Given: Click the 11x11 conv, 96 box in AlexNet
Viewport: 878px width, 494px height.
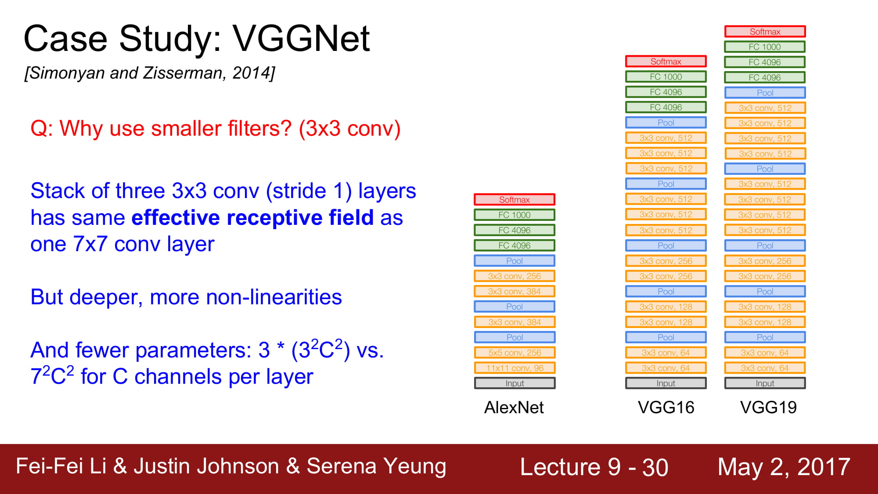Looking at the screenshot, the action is point(515,368).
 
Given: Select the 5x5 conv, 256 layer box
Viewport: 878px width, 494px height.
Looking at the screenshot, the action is point(515,353).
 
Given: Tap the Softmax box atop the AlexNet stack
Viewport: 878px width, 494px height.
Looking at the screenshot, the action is point(515,199).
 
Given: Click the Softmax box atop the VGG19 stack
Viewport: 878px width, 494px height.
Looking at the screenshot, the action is point(765,32).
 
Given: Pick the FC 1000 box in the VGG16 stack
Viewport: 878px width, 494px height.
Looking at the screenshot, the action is point(666,77).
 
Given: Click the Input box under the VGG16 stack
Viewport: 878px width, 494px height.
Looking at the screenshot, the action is point(666,383).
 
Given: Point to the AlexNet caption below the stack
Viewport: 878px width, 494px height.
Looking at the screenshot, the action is point(514,407).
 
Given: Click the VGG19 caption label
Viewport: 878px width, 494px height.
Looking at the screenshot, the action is point(768,407).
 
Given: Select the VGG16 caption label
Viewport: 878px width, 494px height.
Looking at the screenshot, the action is point(666,407).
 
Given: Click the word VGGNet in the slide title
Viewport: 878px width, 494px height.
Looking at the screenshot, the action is point(301,39).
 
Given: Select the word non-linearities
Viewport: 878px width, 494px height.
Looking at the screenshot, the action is point(274,297).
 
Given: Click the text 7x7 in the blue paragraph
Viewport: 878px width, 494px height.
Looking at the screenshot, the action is point(91,244).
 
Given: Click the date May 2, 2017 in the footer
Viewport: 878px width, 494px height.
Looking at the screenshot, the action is point(784,467).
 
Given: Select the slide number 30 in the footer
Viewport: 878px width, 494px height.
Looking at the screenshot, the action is point(655,467).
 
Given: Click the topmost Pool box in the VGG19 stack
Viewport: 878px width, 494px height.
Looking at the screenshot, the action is point(765,93).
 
